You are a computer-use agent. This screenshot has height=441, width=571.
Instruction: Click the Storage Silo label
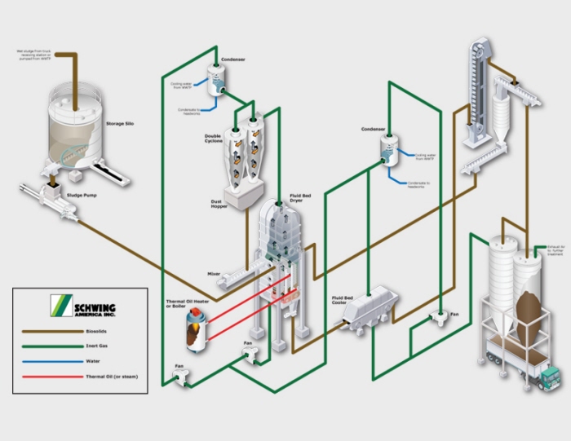pyautogui.click(x=121, y=124)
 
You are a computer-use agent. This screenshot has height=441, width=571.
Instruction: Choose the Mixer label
pyautogui.click(x=214, y=274)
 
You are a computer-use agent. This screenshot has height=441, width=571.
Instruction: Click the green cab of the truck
pyautogui.click(x=551, y=377)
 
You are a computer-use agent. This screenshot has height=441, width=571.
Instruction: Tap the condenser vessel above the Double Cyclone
pyautogui.click(x=216, y=79)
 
